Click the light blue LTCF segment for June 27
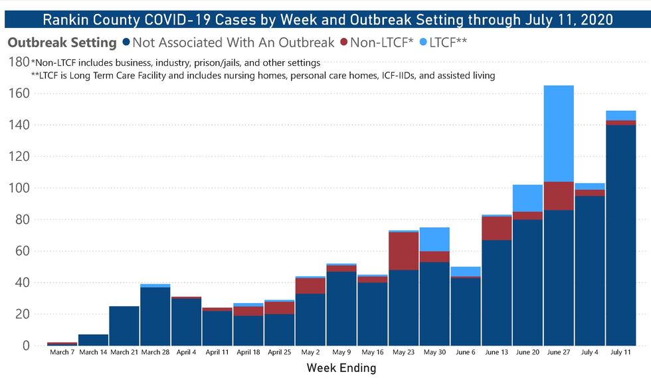(559, 134)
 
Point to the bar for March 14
(92, 339)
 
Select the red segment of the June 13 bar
(496, 229)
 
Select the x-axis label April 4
(186, 352)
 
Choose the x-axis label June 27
(559, 352)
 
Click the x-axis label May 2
(310, 352)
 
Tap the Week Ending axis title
(341, 367)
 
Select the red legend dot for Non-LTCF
(343, 43)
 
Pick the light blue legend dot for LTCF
(423, 43)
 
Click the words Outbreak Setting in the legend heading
(62, 43)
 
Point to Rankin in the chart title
(65, 19)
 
